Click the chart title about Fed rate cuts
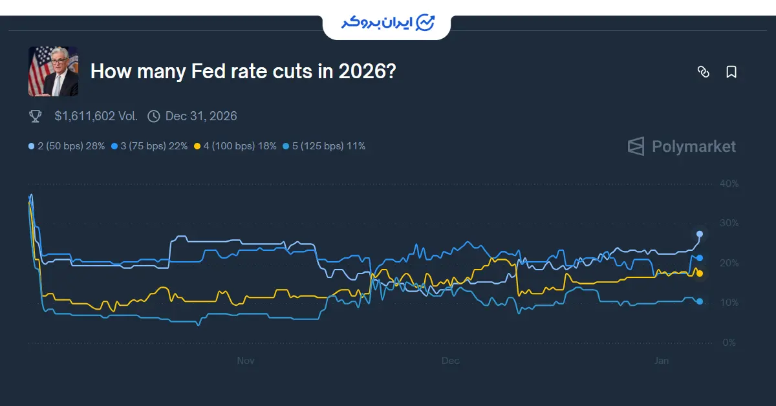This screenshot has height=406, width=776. [242, 71]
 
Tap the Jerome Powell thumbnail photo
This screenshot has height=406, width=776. [53, 71]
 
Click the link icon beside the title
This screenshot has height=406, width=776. [704, 72]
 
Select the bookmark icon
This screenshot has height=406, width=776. [731, 72]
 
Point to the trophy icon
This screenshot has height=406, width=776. [36, 116]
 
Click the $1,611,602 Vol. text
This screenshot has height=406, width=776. [96, 116]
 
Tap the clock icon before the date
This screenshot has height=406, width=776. [154, 116]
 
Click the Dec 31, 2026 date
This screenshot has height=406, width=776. [201, 116]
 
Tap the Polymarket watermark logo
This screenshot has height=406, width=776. [682, 146]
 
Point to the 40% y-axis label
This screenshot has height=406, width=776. [728, 184]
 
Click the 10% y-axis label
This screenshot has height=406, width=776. [728, 303]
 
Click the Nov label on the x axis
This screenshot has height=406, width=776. [246, 360]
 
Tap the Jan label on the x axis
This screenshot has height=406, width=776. [662, 360]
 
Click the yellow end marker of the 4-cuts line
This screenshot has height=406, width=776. [700, 273]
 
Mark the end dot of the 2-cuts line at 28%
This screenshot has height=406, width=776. [700, 233]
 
